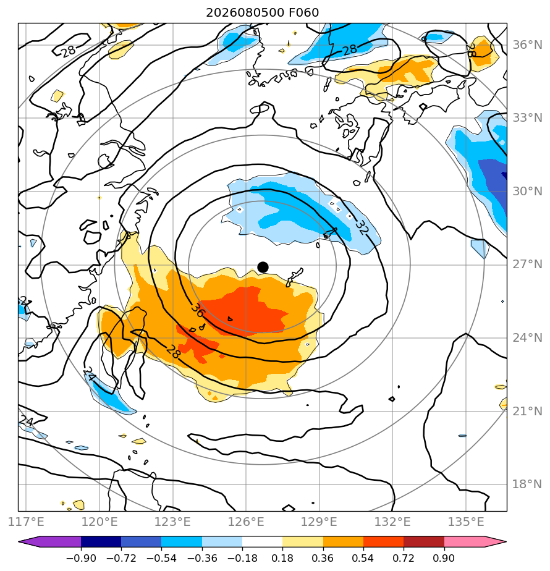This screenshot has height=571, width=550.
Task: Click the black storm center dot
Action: tap(263, 268)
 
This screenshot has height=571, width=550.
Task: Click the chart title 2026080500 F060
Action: tap(262, 13)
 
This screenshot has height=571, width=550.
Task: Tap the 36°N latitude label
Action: tap(527, 45)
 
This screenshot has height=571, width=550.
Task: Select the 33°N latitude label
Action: tap(527, 118)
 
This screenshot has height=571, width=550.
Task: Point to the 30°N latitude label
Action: tap(527, 191)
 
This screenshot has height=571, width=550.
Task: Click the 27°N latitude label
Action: tap(527, 264)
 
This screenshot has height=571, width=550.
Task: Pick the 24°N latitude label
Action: tap(527, 338)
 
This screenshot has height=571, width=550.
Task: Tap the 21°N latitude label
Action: tap(527, 411)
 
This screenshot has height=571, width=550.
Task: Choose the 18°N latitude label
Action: tap(527, 484)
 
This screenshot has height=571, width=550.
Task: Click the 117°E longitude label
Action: tap(26, 522)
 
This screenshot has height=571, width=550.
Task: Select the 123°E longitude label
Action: tap(172, 522)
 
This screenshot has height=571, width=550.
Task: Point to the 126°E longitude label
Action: tap(246, 522)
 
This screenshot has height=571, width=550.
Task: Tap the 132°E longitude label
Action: tap(392, 522)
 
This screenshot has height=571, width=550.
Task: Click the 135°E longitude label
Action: tap(466, 522)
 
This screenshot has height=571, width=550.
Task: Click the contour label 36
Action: tap(198, 311)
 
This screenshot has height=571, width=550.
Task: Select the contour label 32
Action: tap(362, 227)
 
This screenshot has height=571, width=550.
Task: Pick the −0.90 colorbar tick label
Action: tap(81, 558)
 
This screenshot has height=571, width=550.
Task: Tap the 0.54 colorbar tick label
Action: tap(363, 558)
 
